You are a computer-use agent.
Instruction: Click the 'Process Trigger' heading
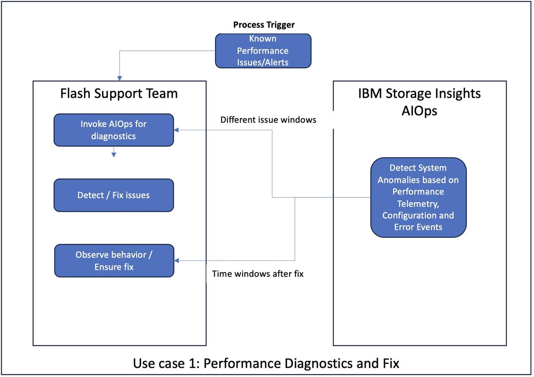(x=264, y=24)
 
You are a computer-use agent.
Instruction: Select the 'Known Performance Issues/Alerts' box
(x=263, y=51)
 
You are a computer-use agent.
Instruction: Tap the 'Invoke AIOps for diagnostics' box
(x=113, y=130)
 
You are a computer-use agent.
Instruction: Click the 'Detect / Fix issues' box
(x=113, y=195)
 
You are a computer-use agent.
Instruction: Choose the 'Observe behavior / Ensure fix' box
(x=113, y=261)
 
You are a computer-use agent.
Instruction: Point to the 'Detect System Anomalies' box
(x=418, y=197)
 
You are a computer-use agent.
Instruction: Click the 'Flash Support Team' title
(x=119, y=93)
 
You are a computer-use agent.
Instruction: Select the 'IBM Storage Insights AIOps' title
(x=419, y=102)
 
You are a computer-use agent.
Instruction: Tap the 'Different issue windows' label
(x=268, y=120)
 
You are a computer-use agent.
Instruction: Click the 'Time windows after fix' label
(x=258, y=274)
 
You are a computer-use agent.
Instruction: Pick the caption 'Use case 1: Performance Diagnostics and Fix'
(x=266, y=363)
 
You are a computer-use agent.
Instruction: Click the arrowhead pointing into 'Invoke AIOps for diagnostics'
(x=176, y=130)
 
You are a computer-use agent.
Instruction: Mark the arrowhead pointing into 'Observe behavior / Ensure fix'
(x=177, y=261)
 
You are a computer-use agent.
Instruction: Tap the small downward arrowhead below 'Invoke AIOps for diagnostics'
(x=114, y=155)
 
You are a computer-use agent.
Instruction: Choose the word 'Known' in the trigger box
(x=263, y=39)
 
